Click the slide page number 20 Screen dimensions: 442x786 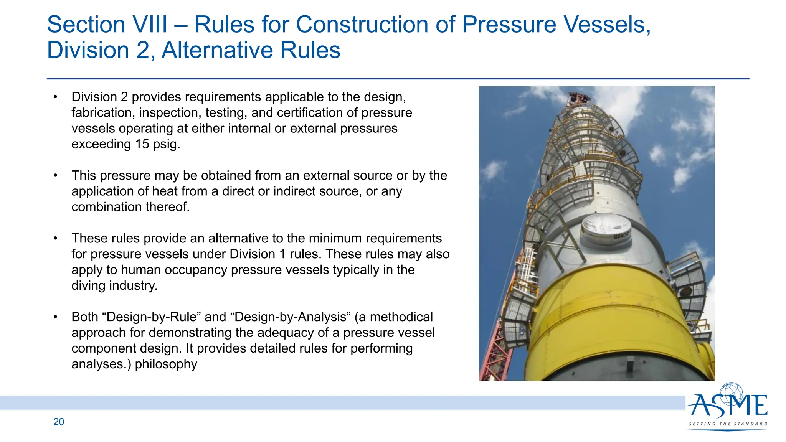(x=59, y=422)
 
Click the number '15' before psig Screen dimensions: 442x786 (x=142, y=144)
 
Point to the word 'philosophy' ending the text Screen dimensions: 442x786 (x=166, y=364)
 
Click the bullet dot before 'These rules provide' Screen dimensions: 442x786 (x=56, y=239)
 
